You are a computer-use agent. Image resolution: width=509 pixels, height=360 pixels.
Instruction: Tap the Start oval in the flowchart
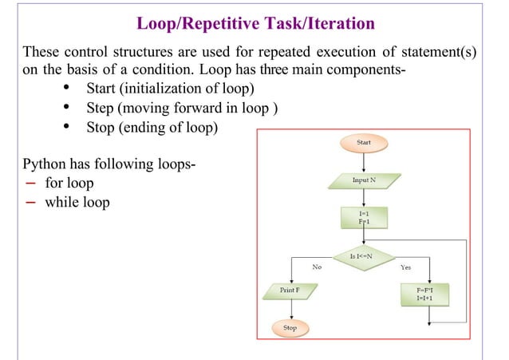(x=364, y=143)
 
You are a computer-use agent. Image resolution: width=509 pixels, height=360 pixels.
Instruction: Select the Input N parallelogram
(x=364, y=181)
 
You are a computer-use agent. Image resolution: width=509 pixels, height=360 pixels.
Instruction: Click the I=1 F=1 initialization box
(x=364, y=218)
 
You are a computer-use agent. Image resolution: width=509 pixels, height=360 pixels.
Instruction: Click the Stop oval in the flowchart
(x=290, y=327)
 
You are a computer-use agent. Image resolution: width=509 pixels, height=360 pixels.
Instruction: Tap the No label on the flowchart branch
(x=317, y=268)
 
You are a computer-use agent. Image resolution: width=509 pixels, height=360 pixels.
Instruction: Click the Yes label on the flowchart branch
(x=406, y=268)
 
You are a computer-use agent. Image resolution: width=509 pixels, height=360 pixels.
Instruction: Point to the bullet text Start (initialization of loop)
(x=171, y=87)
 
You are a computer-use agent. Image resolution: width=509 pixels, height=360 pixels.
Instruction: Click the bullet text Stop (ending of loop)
(x=152, y=128)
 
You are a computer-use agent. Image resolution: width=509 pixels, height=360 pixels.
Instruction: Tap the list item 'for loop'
(x=69, y=183)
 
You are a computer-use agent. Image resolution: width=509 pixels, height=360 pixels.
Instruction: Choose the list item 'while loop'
(x=77, y=202)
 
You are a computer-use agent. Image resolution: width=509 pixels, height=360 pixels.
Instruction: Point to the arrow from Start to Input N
(x=364, y=162)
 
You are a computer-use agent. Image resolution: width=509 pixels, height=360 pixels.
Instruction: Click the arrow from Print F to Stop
(x=290, y=310)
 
